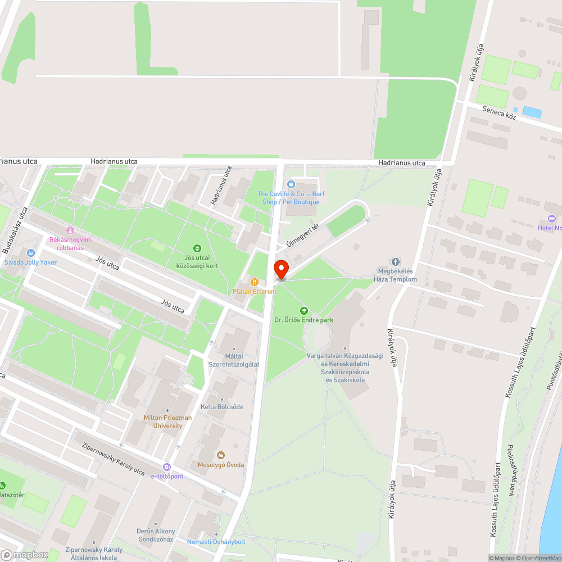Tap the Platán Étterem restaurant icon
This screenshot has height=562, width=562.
pyautogui.click(x=255, y=282)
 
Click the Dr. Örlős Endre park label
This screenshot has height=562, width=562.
pyautogui.click(x=303, y=320)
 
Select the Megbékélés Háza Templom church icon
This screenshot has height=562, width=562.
pyautogui.click(x=396, y=262)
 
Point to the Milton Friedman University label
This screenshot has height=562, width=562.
pyautogui.click(x=167, y=422)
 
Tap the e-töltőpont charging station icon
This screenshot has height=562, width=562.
pyautogui.click(x=167, y=467)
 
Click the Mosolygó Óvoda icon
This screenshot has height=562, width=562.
pyautogui.click(x=221, y=455)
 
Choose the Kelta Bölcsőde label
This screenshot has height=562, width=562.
pyautogui.click(x=222, y=407)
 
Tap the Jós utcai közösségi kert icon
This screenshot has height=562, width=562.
pyautogui.click(x=197, y=248)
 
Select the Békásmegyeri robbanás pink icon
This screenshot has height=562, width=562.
pyautogui.click(x=70, y=230)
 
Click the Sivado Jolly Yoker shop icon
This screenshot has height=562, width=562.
pyautogui.click(x=30, y=253)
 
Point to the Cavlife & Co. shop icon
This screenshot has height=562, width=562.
pyautogui.click(x=291, y=184)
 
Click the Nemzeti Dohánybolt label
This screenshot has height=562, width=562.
pyautogui.click(x=216, y=542)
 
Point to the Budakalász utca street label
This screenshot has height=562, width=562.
pyautogui.click(x=15, y=230)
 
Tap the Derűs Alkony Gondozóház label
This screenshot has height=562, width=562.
pyautogui.click(x=156, y=535)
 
